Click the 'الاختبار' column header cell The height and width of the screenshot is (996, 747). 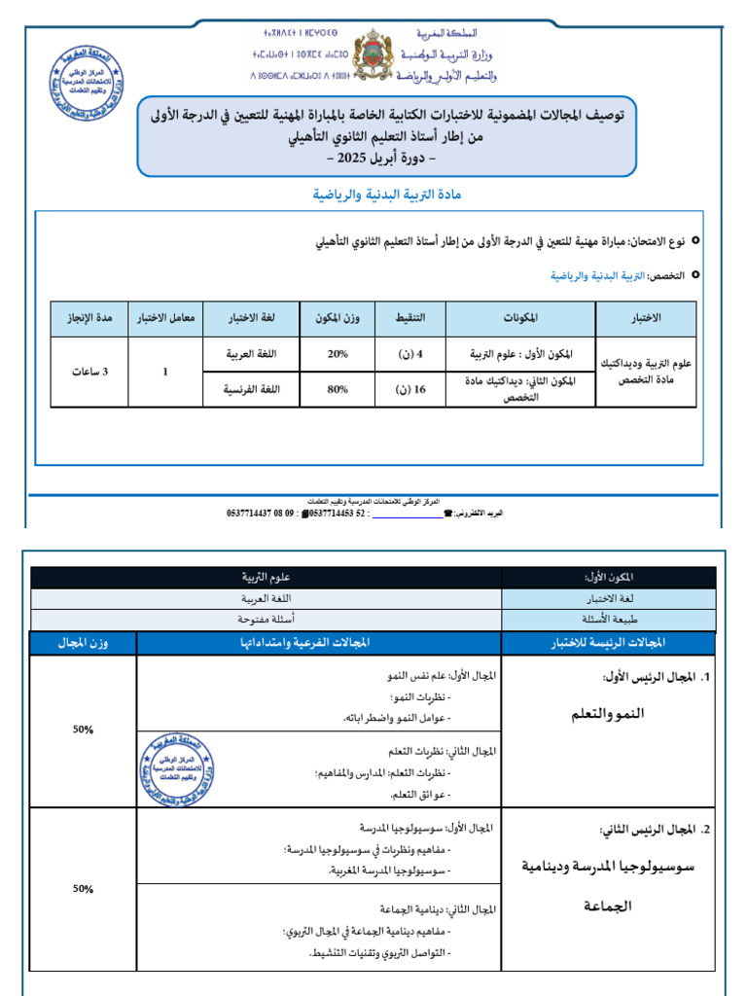(646, 319)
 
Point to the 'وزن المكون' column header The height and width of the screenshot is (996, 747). (338, 319)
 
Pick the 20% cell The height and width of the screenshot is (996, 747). (338, 355)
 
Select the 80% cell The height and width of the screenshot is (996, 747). (338, 389)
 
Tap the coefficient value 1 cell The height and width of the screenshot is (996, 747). (165, 373)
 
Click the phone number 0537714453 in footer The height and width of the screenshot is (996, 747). (337, 512)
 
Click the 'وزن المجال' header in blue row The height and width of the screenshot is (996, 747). (84, 644)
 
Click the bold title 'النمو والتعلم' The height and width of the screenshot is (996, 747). (607, 715)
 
